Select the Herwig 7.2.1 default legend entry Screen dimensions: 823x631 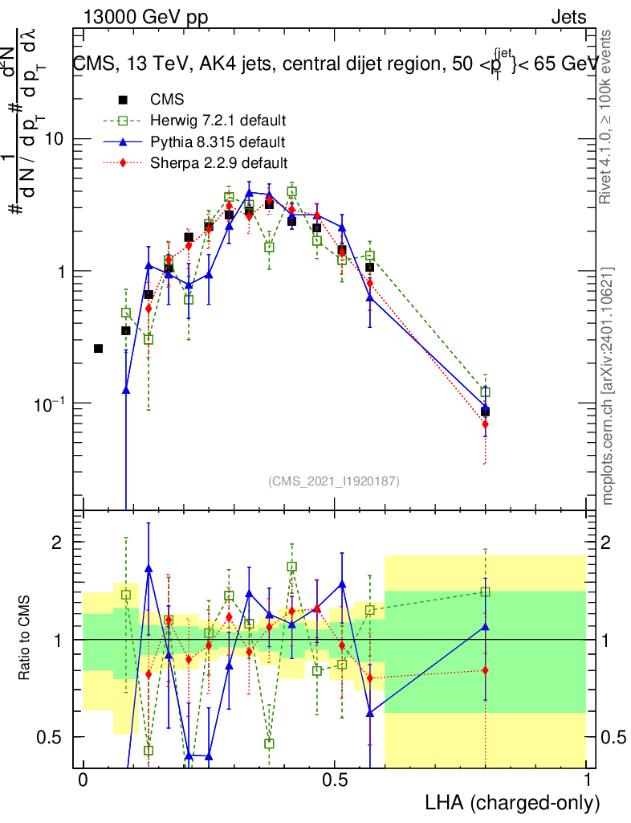218,121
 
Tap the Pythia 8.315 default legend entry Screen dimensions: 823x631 218,142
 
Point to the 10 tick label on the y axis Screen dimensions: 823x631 53,139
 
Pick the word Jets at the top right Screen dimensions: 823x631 568,17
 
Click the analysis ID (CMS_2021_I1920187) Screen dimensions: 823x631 334,481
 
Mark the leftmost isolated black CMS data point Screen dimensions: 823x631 99,348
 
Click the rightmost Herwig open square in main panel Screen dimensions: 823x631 485,392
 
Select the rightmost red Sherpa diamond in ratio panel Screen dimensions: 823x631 485,670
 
